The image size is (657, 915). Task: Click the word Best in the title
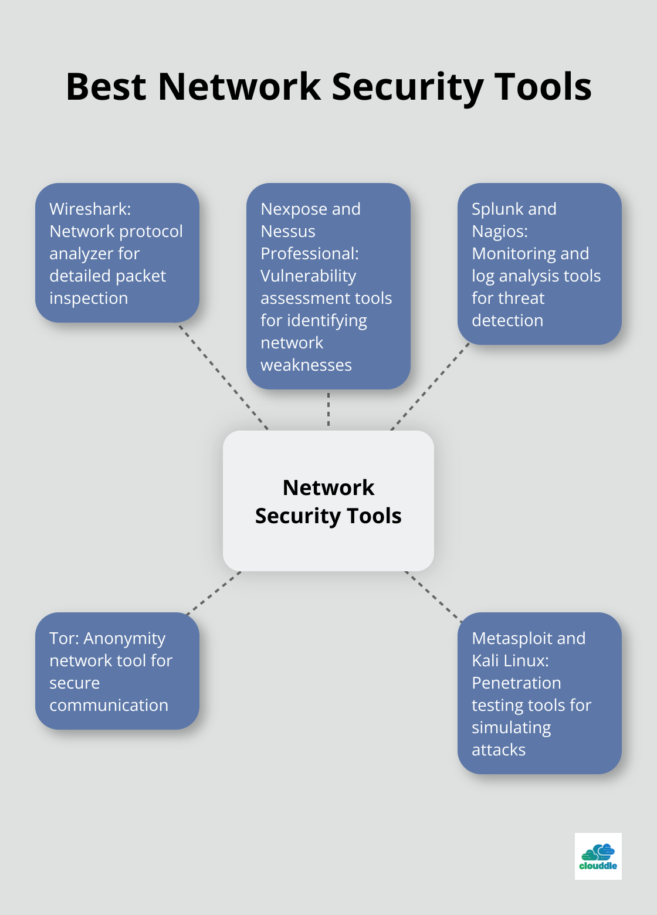106,87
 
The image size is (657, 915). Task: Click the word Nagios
499,231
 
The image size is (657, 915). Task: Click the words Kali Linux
510,660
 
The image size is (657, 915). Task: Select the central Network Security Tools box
328,501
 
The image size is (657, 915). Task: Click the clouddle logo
598,856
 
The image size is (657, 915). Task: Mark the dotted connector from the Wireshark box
223,377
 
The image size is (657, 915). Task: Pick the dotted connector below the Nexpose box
328,409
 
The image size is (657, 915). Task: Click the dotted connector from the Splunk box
431,387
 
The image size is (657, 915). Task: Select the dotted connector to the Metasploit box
433,596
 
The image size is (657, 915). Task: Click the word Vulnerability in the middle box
308,276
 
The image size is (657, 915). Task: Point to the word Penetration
516,683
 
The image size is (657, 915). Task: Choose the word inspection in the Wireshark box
89,298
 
